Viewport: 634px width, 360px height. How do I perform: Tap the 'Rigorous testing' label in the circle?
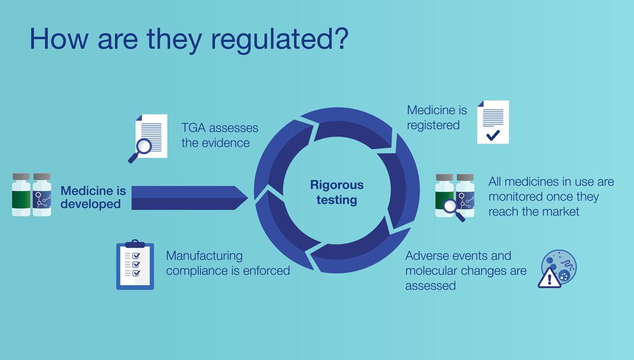point(337,192)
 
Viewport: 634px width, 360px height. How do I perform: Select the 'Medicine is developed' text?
point(93,197)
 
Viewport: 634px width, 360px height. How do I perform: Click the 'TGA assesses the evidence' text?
point(220,135)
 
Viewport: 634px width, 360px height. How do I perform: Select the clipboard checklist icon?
point(135,264)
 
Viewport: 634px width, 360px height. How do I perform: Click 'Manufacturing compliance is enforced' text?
point(228,263)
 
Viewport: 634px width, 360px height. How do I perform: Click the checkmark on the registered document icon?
point(493,135)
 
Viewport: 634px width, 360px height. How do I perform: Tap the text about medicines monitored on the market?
point(551,196)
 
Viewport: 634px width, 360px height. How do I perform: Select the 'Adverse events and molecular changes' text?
point(466,270)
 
